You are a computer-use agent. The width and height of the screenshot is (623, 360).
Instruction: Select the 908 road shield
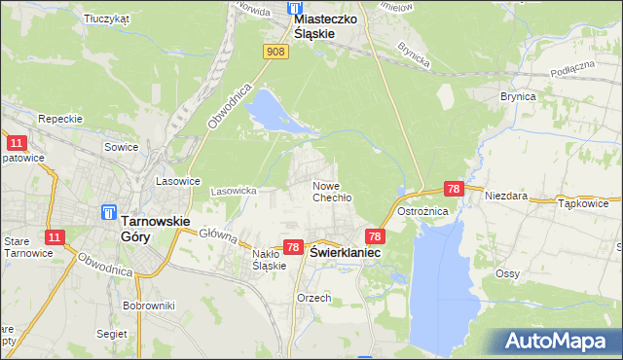pyautogui.click(x=275, y=52)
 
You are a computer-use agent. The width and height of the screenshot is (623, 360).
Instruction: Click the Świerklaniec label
pyautogui.click(x=346, y=251)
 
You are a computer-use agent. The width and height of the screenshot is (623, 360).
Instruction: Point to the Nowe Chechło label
pyautogui.click(x=331, y=191)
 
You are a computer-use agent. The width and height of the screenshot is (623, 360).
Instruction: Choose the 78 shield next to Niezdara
pyautogui.click(x=453, y=189)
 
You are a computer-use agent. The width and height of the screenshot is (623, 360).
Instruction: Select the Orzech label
pyautogui.click(x=315, y=298)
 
